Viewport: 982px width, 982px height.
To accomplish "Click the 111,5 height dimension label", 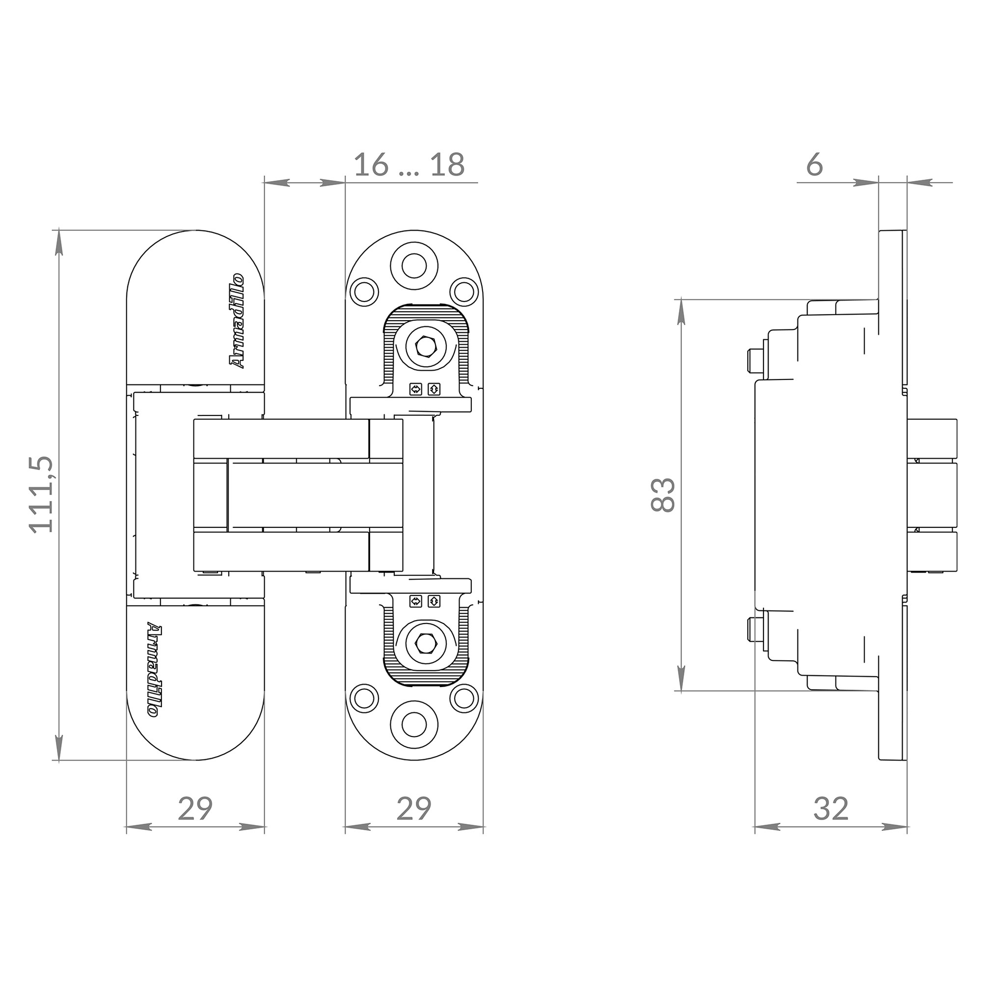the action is point(42,494).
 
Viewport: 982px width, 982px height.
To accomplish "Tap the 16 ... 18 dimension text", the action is point(409,165).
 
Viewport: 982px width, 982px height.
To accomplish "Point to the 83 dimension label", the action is point(663,495).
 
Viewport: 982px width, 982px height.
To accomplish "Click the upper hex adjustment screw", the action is point(426,347).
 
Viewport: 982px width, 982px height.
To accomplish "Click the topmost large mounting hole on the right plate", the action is point(414,265).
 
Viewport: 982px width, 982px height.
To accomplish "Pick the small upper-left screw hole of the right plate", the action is point(364,291).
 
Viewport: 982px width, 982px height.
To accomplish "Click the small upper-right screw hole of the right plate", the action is point(464,291).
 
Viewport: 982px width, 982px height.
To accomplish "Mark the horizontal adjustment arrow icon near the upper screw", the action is point(416,389).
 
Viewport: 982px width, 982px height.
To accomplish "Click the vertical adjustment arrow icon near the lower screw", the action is point(434,601).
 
